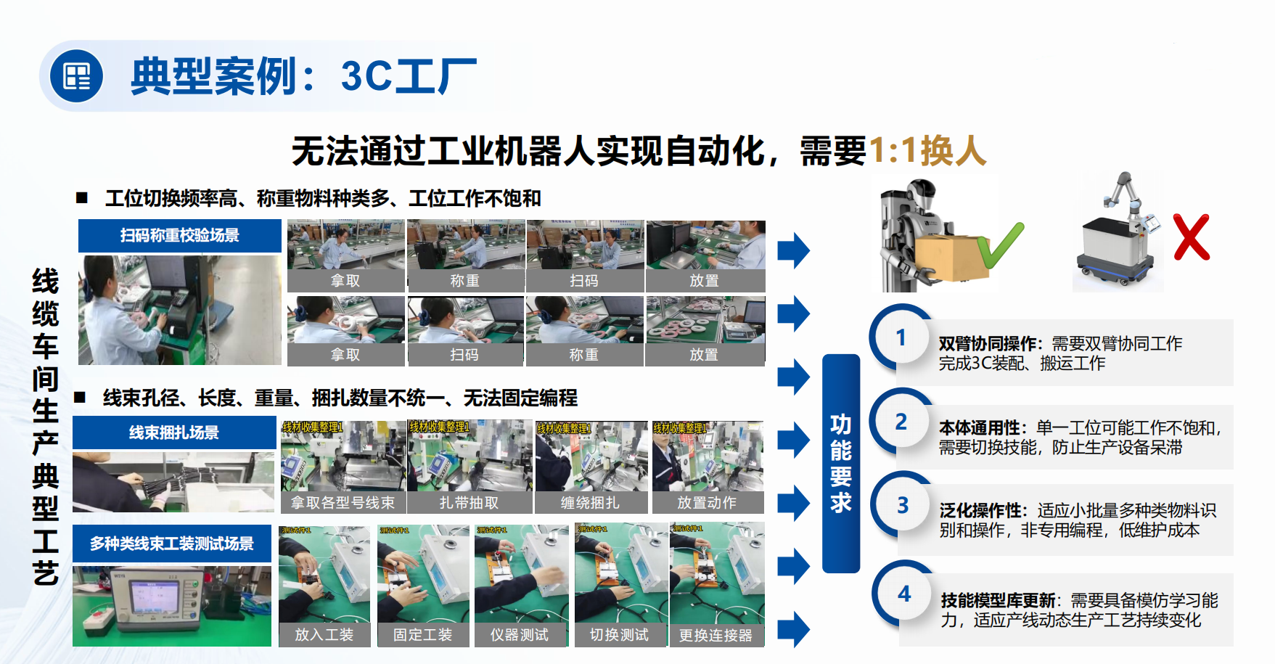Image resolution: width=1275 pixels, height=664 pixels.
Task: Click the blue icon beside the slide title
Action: (76, 76)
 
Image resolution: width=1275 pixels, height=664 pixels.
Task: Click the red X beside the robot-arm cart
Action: (1191, 237)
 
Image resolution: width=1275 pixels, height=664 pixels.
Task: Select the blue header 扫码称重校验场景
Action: (179, 235)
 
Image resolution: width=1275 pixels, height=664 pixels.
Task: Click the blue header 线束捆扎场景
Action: (173, 433)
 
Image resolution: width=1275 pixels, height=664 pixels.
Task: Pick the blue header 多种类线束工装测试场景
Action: (172, 544)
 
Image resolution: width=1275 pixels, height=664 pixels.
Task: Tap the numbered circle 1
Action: (901, 337)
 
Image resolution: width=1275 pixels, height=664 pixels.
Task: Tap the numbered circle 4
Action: (903, 594)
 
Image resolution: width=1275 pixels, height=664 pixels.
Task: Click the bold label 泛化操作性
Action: (983, 511)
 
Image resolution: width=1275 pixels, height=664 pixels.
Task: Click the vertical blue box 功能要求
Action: (840, 463)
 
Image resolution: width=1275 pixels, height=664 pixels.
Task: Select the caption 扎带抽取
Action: (469, 502)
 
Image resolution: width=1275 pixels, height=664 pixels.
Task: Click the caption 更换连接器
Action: (716, 635)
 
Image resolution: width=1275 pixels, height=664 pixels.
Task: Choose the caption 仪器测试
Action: (519, 635)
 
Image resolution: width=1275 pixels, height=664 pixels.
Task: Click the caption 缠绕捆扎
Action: (589, 502)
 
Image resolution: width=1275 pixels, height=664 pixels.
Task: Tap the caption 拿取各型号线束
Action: (343, 502)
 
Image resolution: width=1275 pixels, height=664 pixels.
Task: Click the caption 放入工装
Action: (324, 635)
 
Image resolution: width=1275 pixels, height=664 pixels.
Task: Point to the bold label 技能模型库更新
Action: (998, 600)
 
